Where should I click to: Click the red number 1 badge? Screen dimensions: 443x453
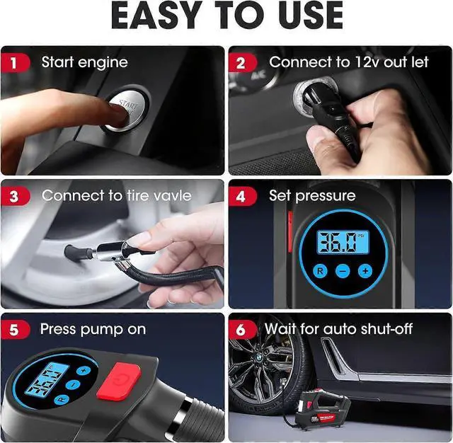(x=14, y=62)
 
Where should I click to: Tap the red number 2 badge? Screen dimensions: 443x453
(x=242, y=62)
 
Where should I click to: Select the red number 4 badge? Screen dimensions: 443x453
(x=242, y=195)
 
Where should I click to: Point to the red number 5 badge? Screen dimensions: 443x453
(x=14, y=329)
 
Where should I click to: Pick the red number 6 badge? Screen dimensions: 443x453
(x=242, y=329)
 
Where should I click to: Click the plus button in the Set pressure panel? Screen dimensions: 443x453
(x=365, y=270)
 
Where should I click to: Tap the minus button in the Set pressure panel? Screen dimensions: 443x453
(x=343, y=270)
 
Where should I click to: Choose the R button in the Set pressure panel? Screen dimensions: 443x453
(x=320, y=270)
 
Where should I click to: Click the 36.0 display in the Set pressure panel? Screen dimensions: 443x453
(x=343, y=243)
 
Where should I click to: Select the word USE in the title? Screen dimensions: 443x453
(x=305, y=17)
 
